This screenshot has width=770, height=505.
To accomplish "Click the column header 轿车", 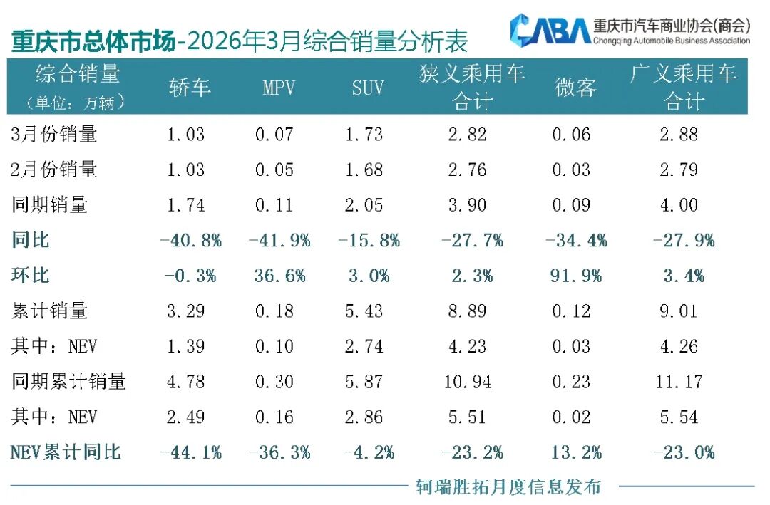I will (x=190, y=88).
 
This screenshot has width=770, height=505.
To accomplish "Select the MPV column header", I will (x=279, y=88).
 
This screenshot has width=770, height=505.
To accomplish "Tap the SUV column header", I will (x=368, y=88).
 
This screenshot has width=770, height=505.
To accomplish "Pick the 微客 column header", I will (x=575, y=88).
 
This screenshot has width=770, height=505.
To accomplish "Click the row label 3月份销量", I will (x=55, y=134).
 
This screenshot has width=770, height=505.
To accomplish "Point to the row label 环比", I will (x=31, y=276).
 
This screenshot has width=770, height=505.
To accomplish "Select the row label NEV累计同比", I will (x=66, y=452).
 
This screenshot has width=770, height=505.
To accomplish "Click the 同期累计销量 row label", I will (x=69, y=381).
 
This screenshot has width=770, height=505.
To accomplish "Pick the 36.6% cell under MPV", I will (x=279, y=276).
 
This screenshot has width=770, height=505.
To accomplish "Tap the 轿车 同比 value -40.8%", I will (x=190, y=241).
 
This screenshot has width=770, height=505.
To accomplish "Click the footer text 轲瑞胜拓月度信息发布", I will (x=508, y=487).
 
